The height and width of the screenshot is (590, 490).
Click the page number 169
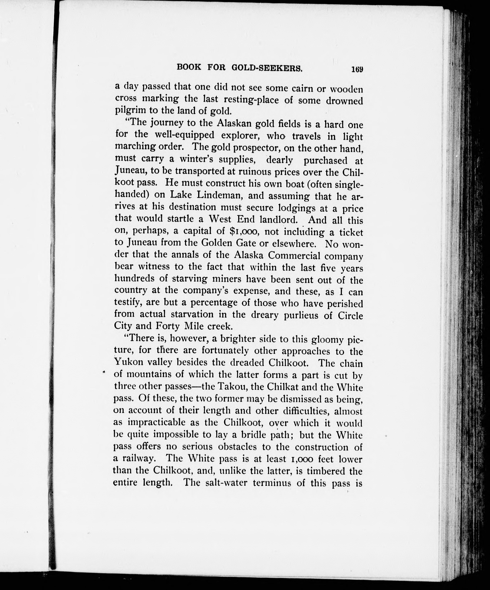tap(357, 69)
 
